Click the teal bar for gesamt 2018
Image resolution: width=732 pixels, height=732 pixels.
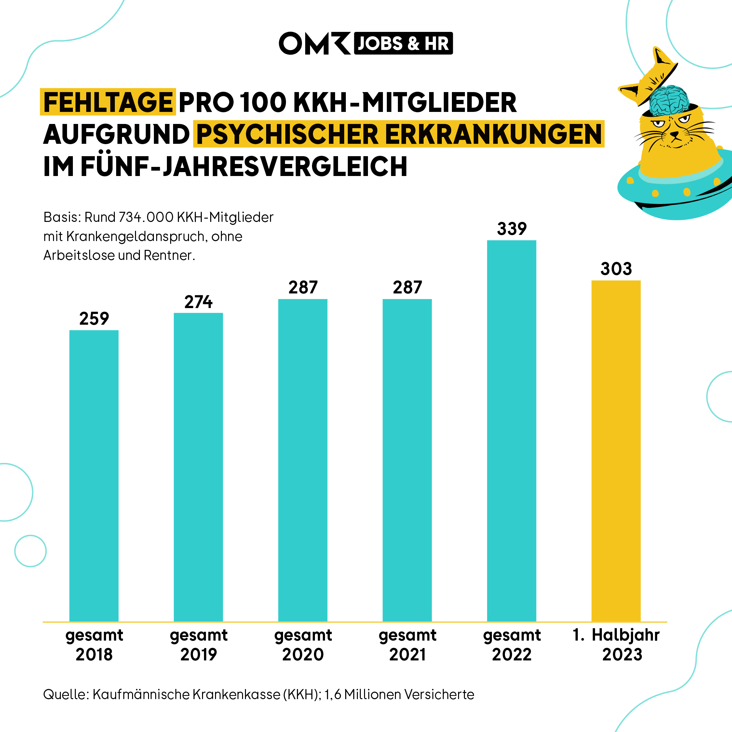coord(94,476)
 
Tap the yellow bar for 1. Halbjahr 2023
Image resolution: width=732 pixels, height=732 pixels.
coord(616,451)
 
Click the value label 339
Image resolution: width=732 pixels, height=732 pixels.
coord(511,229)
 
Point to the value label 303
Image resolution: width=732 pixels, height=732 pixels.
coord(616,269)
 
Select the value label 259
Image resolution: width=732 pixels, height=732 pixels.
coord(94,319)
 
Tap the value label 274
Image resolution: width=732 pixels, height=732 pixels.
coord(198,302)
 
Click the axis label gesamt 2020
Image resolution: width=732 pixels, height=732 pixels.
coord(303,644)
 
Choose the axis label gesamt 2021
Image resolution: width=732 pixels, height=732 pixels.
coord(407,644)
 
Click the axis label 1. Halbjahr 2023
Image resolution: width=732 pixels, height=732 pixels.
coord(616,644)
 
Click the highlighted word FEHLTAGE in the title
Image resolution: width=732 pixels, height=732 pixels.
coord(108,102)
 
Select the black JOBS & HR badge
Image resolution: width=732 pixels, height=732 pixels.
coord(403,43)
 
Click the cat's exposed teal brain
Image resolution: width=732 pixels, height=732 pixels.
coord(669,100)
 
